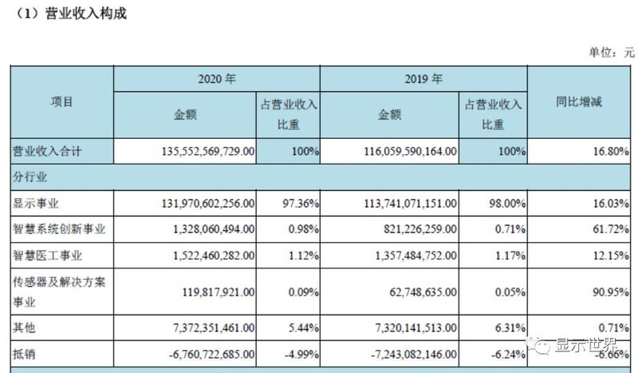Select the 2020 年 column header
coord(217,79)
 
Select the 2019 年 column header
coord(423,79)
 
